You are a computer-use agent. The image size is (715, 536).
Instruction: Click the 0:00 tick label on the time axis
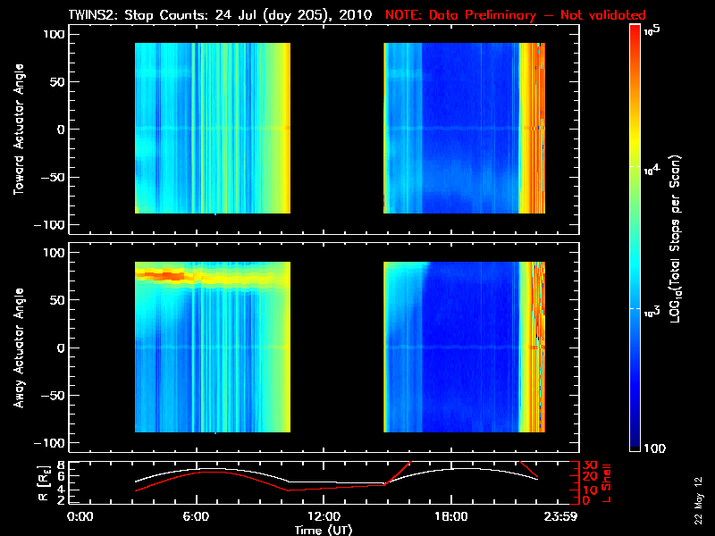tap(80, 517)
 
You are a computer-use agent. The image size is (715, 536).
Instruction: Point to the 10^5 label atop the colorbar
tap(651, 31)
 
